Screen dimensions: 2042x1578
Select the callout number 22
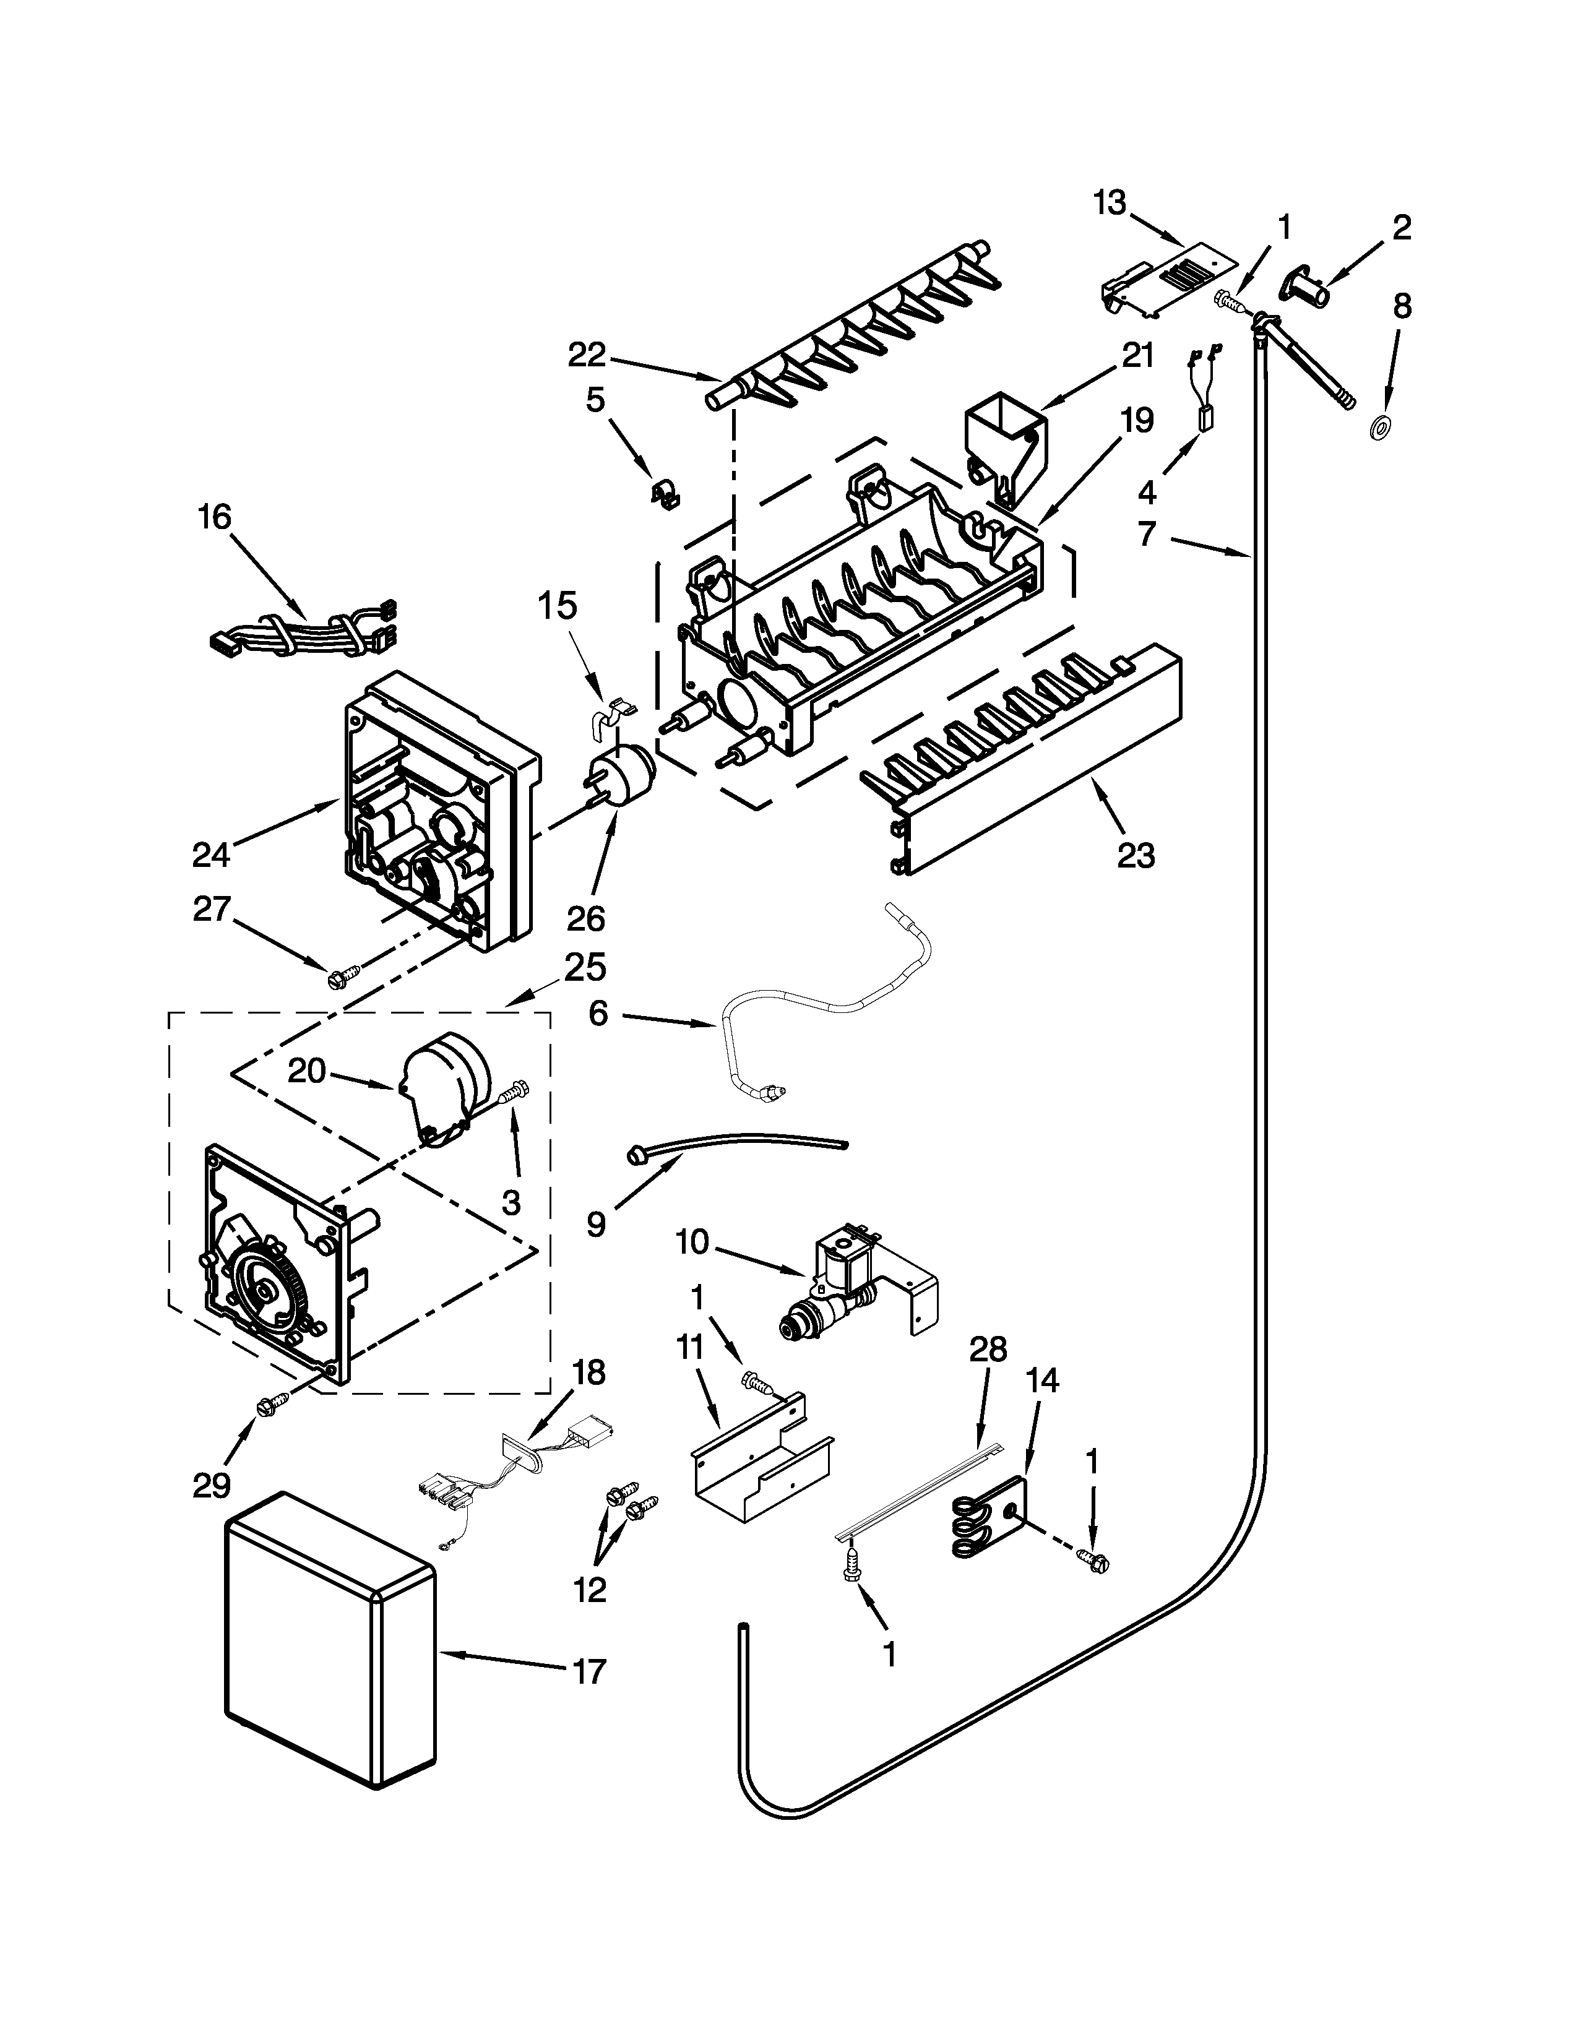click(587, 355)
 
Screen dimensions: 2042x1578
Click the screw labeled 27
click(337, 981)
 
